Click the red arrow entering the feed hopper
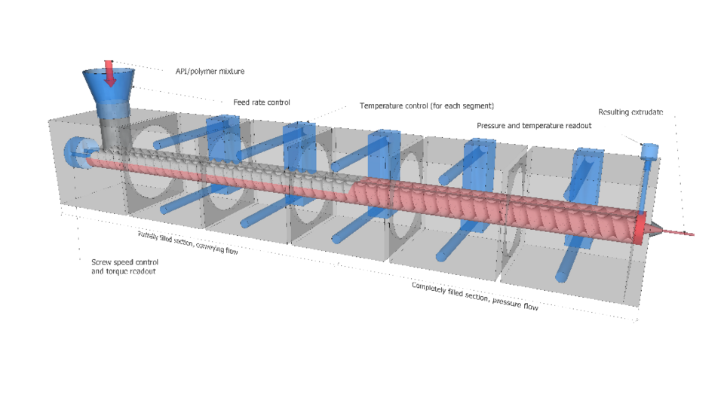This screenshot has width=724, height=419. pyautogui.click(x=109, y=73)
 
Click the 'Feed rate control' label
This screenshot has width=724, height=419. pyautogui.click(x=261, y=102)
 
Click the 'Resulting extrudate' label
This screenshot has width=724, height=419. pyautogui.click(x=630, y=112)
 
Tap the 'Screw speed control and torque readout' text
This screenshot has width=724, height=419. pyautogui.click(x=124, y=266)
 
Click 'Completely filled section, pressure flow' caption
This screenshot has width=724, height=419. pyautogui.click(x=474, y=295)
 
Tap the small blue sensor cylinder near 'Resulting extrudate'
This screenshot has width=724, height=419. pyautogui.click(x=647, y=151)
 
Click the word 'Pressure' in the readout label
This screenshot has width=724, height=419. pyautogui.click(x=492, y=125)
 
